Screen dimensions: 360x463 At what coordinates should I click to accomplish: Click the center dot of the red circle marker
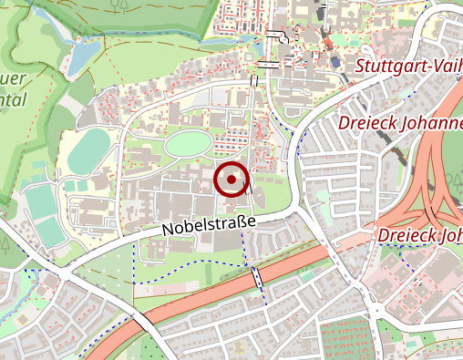pos(231,180)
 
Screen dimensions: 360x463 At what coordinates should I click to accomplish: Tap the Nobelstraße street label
pos(209,226)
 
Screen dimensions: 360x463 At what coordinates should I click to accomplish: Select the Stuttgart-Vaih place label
pos(407,67)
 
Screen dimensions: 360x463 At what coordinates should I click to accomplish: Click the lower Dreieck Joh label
pos(418,234)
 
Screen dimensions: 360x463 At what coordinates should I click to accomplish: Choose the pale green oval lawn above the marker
pos(188,143)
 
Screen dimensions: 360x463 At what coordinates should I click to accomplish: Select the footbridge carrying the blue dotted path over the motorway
pos(257,276)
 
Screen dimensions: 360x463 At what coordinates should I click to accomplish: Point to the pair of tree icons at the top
pos(116,7)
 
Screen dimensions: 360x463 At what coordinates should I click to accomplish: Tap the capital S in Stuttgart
pos(359,67)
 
